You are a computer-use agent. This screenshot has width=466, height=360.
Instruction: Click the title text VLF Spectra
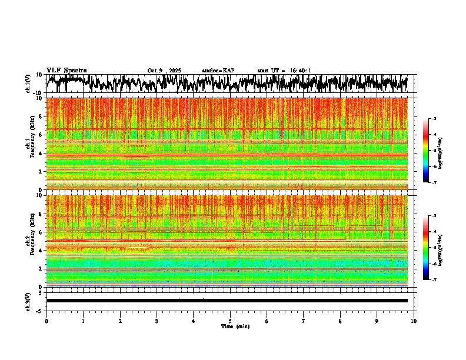pyautogui.click(x=66, y=70)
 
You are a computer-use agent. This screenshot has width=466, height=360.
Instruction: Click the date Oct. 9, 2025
pyautogui.click(x=164, y=71)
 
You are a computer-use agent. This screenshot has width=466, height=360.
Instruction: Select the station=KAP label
pyautogui.click(x=218, y=71)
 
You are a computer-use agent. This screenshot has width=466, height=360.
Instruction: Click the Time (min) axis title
pyautogui.click(x=235, y=326)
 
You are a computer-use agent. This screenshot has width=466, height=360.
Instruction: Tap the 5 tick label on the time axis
pyautogui.click(x=230, y=321)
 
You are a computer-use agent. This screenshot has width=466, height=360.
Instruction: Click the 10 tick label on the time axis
pyautogui.click(x=414, y=321)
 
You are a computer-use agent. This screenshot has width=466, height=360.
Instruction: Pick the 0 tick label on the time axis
pyautogui.click(x=46, y=321)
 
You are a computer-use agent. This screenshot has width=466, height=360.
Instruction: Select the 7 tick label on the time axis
pyautogui.click(x=304, y=321)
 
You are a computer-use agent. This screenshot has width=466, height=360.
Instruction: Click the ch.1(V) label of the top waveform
pyautogui.click(x=28, y=84)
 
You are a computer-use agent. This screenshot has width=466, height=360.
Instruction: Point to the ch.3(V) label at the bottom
pyautogui.click(x=28, y=300)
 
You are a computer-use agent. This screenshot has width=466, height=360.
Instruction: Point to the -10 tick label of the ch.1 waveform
pyautogui.click(x=38, y=93)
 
